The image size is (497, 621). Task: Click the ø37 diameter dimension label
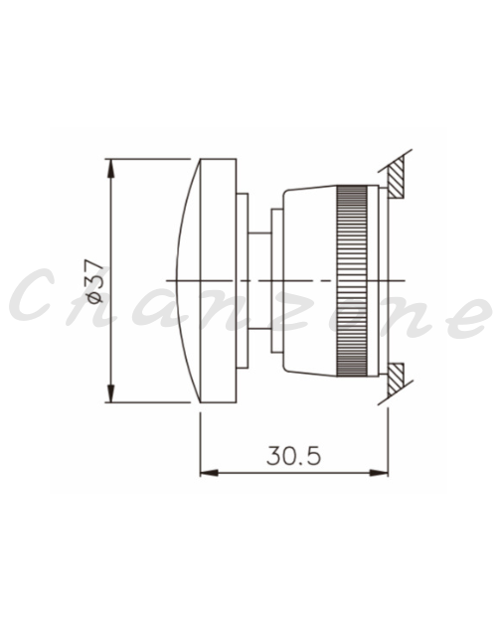(x=96, y=281)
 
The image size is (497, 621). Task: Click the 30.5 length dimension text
(x=293, y=455)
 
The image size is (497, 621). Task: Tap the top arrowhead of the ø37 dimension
(x=111, y=168)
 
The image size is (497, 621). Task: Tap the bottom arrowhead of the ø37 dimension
(x=111, y=393)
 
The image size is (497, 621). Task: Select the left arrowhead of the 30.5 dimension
(x=210, y=473)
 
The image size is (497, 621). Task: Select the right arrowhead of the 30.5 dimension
(x=379, y=473)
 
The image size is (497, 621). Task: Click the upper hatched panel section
(x=396, y=177)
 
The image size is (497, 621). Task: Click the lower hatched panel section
(x=396, y=379)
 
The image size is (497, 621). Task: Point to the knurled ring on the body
(x=352, y=280)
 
